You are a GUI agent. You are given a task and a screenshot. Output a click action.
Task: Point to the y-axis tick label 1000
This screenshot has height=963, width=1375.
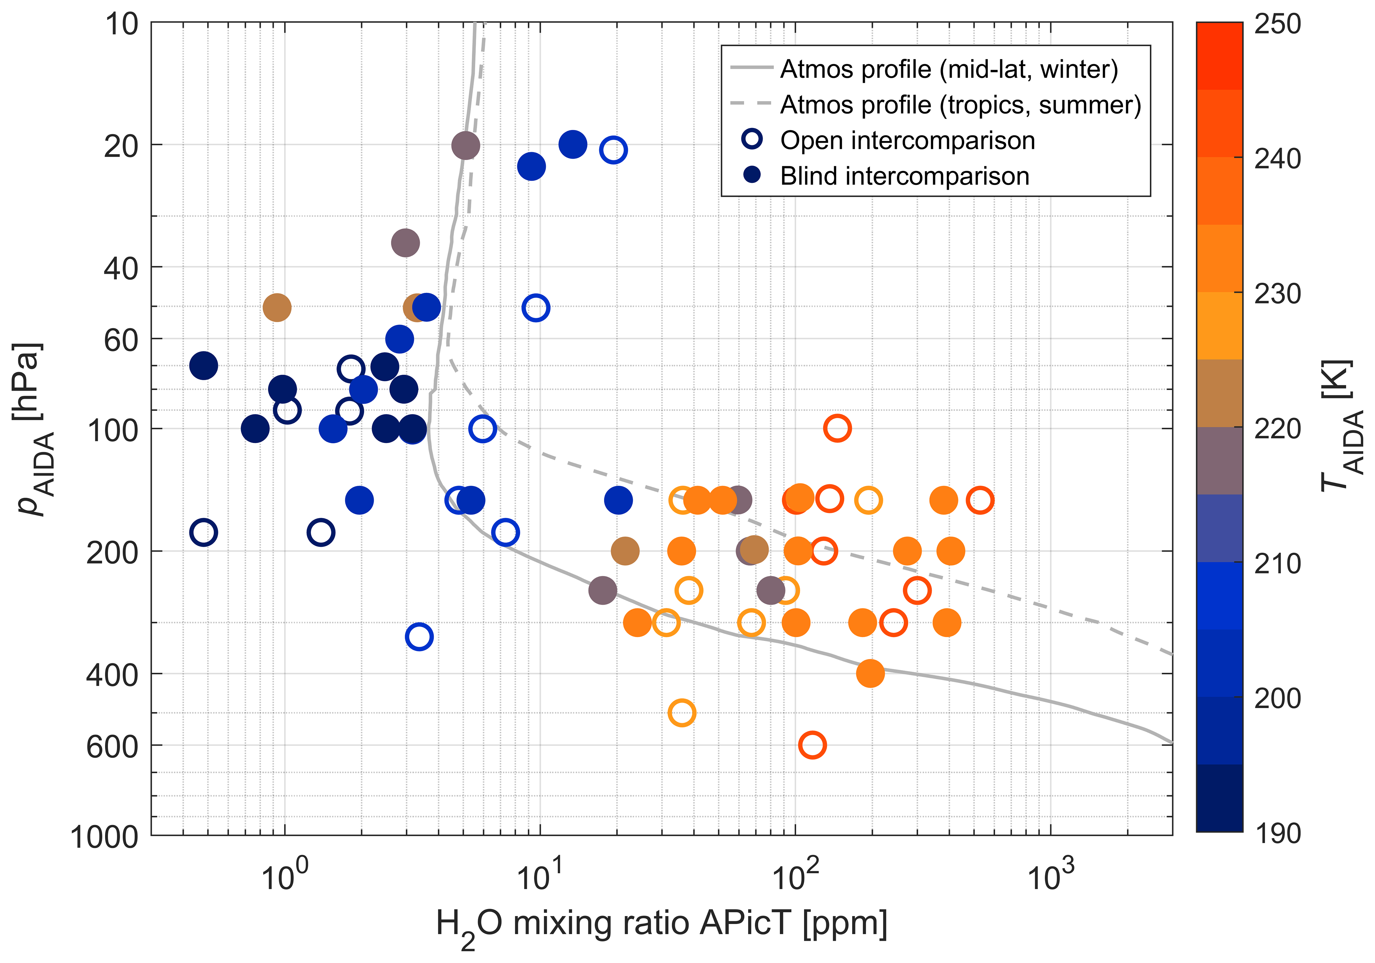coord(104,837)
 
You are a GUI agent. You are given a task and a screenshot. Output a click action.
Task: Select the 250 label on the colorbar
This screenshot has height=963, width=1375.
coord(1277,25)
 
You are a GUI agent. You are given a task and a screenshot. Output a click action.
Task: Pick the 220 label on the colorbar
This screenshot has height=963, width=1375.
coord(1277,429)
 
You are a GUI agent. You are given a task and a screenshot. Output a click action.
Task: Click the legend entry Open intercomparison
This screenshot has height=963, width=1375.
coord(907,140)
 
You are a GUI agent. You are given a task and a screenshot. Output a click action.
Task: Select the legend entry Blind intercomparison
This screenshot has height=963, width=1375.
coord(904,176)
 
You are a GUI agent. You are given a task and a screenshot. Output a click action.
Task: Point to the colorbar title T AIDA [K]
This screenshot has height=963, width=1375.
coord(1342,426)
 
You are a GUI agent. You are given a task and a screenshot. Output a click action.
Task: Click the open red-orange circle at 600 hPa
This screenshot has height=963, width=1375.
coord(812,745)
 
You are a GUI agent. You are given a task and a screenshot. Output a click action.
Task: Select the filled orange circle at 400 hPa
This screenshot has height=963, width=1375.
coord(870,673)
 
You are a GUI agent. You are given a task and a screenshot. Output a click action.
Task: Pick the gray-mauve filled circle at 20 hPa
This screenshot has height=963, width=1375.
coord(465,145)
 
